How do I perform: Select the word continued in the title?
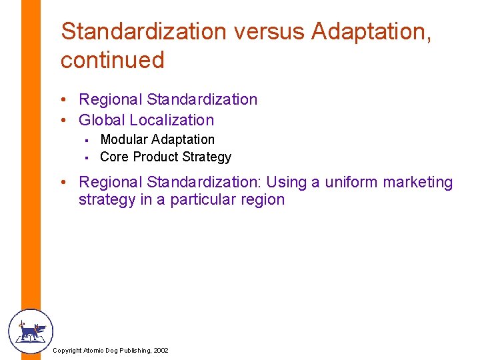click(112, 60)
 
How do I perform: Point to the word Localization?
click(172, 120)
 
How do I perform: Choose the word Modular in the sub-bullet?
click(123, 139)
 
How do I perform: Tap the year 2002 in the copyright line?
click(161, 350)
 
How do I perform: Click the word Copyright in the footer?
click(67, 350)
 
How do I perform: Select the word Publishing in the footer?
click(131, 350)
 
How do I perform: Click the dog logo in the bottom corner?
click(30, 331)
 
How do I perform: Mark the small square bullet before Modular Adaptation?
click(87, 140)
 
